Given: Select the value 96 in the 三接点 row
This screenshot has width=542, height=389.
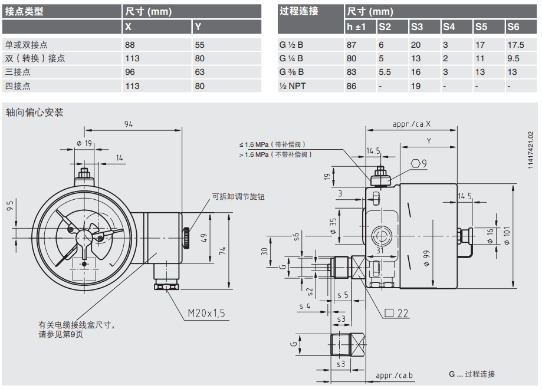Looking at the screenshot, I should pos(130,72).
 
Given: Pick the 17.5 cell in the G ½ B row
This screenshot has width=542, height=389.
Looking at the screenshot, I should pos(515,44).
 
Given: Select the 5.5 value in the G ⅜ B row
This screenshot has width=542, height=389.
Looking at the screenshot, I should pos(385,72).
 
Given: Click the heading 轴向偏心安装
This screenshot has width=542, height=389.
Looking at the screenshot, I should pos(34,113).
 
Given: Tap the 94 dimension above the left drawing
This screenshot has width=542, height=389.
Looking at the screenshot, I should pos(129,123).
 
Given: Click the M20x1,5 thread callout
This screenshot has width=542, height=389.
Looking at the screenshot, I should pos(206,313).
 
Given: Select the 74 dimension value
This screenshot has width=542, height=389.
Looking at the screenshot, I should pos(222,250).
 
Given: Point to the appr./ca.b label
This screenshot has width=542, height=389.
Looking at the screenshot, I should pos(394,375).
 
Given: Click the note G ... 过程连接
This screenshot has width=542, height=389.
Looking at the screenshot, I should pos(471,374).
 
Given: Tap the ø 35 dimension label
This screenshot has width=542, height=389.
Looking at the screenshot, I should pos(333,226).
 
